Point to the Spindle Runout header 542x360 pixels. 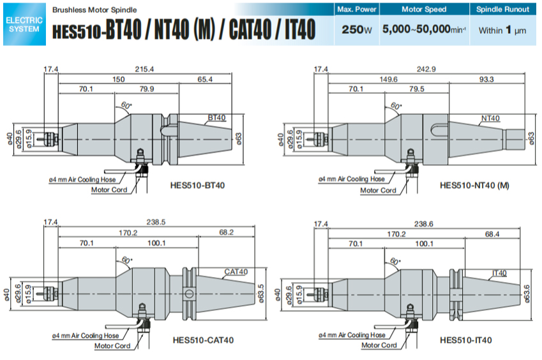click(x=502, y=10)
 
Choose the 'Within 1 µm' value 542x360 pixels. click(x=502, y=30)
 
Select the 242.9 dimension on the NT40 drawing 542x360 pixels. click(x=425, y=68)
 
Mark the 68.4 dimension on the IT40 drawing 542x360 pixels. click(x=492, y=234)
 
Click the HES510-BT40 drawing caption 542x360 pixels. click(x=197, y=185)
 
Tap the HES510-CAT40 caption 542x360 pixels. click(x=203, y=340)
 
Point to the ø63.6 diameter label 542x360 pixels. click(x=535, y=294)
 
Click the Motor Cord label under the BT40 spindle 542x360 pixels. click(x=109, y=190)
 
